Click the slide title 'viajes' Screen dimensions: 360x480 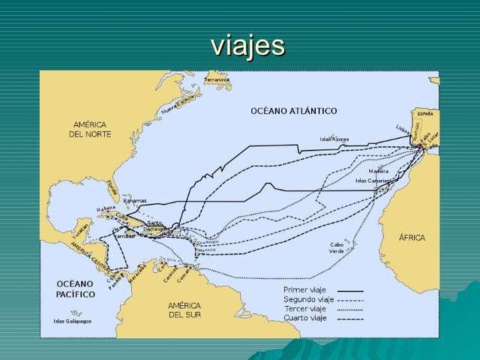(x=248, y=45)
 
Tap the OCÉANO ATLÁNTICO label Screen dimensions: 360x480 (x=293, y=111)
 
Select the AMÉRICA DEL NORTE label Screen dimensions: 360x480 (x=90, y=129)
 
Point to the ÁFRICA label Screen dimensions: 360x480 (x=412, y=238)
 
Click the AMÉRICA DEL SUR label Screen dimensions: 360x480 (x=184, y=310)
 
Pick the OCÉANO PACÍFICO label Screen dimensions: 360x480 (x=76, y=289)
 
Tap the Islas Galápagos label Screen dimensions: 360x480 (x=72, y=321)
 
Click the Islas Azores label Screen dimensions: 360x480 (x=334, y=139)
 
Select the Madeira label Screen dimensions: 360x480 (x=379, y=171)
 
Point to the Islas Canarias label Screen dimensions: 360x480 (x=372, y=181)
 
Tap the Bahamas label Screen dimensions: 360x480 (x=135, y=201)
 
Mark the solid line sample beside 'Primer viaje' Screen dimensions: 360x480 (x=350, y=290)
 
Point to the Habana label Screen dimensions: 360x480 (x=106, y=209)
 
